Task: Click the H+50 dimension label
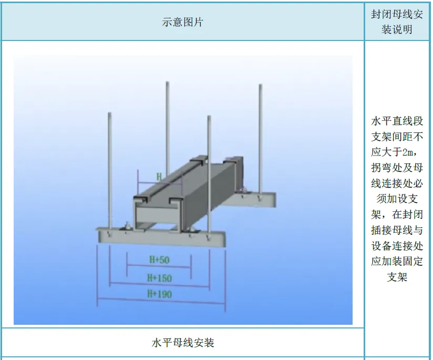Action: [x=158, y=260]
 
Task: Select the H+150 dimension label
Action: [x=159, y=277]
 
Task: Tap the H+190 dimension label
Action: [x=159, y=294]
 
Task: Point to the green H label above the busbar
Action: [x=159, y=177]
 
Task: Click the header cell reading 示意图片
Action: [x=182, y=22]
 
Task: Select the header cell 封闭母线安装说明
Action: [x=397, y=22]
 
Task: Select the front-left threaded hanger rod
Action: [x=109, y=168]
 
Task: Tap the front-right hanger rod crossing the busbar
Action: [x=209, y=173]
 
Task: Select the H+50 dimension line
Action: [x=158, y=267]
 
